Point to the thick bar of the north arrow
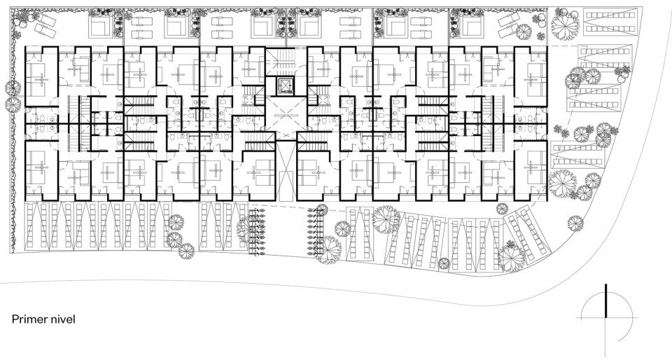tap(605, 300)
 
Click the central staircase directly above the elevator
tap(286, 62)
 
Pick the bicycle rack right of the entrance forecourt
tap(316, 231)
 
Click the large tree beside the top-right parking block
tap(566, 24)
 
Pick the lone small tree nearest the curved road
tap(575, 223)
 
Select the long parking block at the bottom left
tap(99, 226)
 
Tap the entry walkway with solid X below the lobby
tap(286, 172)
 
